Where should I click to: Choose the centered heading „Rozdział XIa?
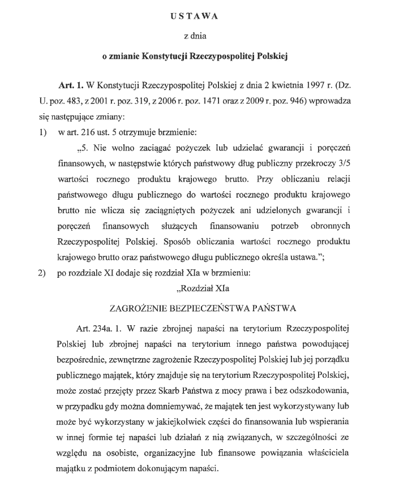click(x=202, y=289)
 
